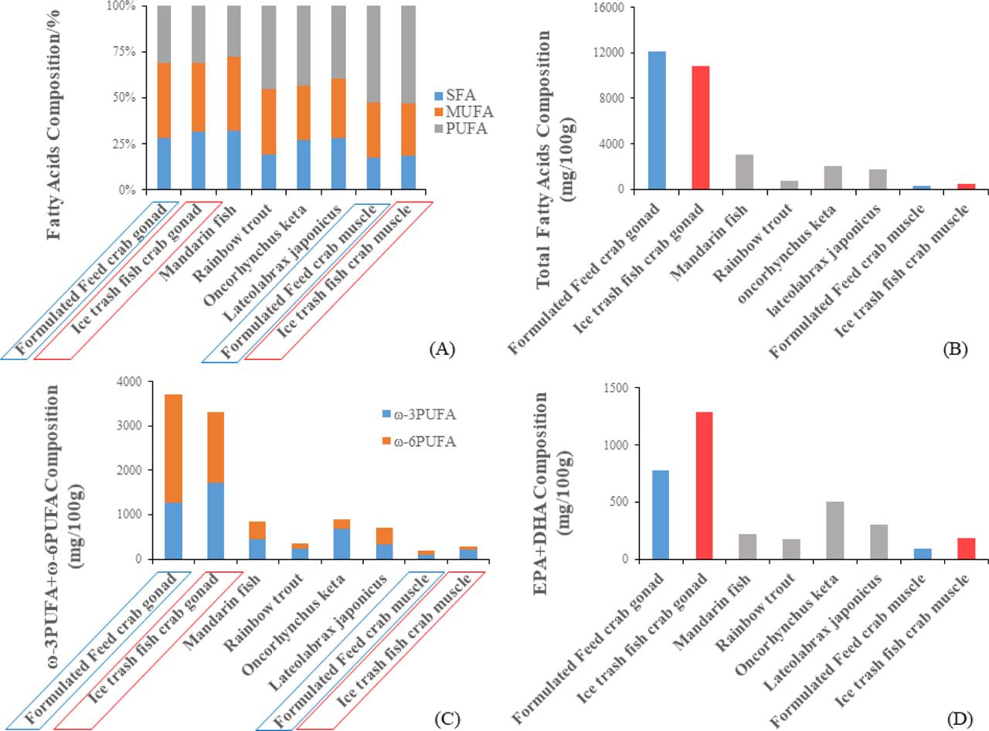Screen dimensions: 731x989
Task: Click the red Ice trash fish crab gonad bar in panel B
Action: (x=701, y=127)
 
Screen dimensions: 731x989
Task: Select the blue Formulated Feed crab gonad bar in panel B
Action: (x=657, y=121)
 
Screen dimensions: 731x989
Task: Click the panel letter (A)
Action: (x=441, y=349)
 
